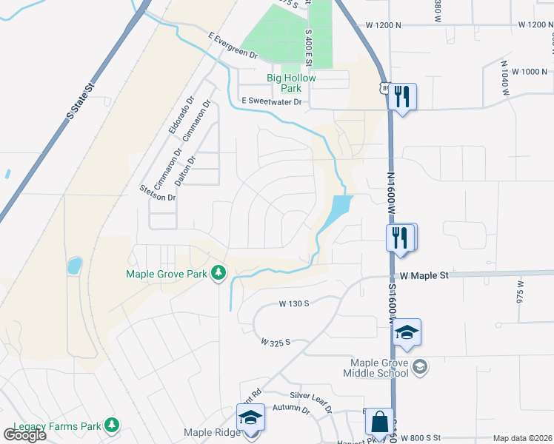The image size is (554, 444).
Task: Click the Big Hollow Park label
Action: coord(291,83)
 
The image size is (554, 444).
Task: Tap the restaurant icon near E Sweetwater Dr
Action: coord(401,96)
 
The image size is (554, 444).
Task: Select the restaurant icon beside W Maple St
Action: coord(400,238)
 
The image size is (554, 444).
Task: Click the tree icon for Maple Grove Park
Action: coord(218,274)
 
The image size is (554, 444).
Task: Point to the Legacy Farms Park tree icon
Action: coord(111,425)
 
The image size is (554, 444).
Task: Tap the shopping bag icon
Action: coord(380,423)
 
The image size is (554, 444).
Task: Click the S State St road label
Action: coord(81,101)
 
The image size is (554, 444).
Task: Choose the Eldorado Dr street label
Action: coord(181,115)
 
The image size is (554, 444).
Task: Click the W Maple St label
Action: coord(424,275)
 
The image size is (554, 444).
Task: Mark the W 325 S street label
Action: coord(276,342)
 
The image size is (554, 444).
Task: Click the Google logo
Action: coord(25,434)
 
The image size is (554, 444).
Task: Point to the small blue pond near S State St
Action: coord(74,266)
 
